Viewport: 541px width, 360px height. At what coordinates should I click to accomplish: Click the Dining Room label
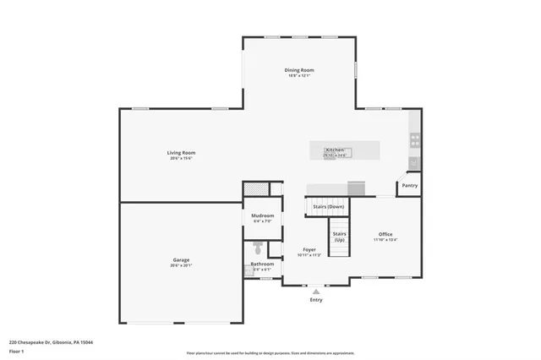299,70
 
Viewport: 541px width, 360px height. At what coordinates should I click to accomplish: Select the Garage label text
181,259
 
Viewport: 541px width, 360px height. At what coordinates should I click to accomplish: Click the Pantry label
409,185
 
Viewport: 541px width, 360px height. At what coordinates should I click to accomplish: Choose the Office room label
385,234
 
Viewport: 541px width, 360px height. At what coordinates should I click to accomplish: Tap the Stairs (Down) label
329,206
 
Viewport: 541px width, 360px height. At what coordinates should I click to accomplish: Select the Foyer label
309,250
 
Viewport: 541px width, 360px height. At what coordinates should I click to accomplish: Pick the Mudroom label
262,215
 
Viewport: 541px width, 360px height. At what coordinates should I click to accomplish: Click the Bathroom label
262,264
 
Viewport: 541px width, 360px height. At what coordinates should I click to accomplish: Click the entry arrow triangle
316,291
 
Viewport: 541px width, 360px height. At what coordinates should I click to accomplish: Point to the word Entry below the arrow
316,300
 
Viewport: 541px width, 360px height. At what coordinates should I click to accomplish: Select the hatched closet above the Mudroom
256,189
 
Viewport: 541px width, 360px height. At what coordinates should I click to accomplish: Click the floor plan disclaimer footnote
270,353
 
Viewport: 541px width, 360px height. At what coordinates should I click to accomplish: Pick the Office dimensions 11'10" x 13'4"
385,239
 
